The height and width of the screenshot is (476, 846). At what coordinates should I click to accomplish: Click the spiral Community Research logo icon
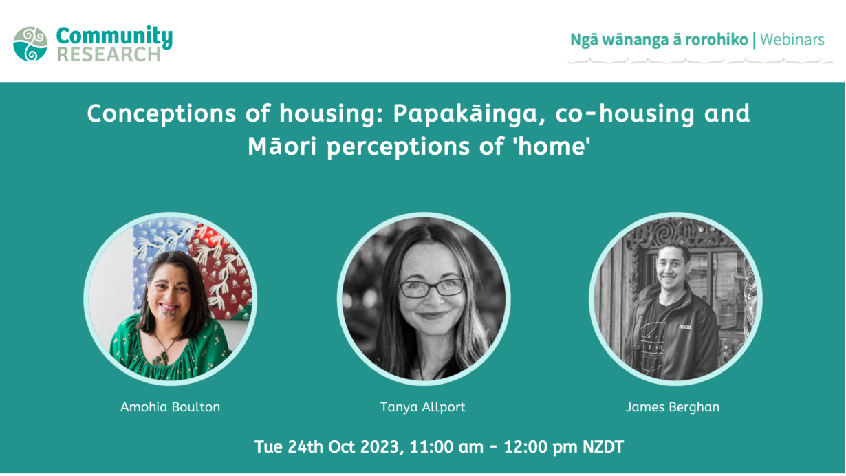[x=30, y=44]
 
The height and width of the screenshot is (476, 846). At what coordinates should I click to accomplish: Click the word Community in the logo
[x=114, y=37]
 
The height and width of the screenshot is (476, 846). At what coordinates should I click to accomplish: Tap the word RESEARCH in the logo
[x=109, y=54]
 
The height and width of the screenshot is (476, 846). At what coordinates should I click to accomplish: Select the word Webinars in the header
[x=792, y=40]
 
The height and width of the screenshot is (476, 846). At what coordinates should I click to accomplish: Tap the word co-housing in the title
[x=625, y=113]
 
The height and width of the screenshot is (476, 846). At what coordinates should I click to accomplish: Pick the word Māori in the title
[x=282, y=147]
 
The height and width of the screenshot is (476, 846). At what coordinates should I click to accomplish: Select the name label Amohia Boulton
[x=171, y=407]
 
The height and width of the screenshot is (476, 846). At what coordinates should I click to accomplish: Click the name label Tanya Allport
[x=422, y=407]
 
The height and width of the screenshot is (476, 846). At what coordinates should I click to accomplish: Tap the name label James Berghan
[x=673, y=407]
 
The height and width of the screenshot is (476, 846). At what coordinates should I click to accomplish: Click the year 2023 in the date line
[x=379, y=447]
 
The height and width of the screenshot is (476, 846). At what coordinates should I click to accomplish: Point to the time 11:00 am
[x=446, y=447]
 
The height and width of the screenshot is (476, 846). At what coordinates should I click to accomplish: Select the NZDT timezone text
[x=603, y=447]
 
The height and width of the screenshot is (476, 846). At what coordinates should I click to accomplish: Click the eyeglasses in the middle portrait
[x=432, y=288]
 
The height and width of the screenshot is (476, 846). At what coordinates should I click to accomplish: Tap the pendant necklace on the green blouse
[x=160, y=358]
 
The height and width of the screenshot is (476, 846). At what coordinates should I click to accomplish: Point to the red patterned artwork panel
[x=221, y=268]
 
